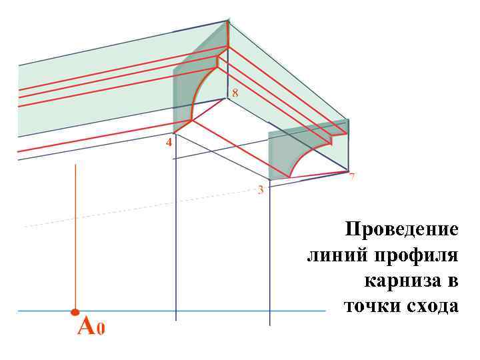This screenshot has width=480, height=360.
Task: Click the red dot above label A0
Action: pyautogui.click(x=75, y=311)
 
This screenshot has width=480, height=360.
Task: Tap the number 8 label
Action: pyautogui.click(x=235, y=93)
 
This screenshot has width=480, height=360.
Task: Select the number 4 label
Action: pyautogui.click(x=169, y=143)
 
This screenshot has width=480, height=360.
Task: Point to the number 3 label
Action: pyautogui.click(x=261, y=189)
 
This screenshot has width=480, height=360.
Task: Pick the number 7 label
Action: pyautogui.click(x=351, y=177)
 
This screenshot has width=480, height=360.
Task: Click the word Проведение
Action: pyautogui.click(x=401, y=230)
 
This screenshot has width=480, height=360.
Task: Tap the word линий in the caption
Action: pyautogui.click(x=337, y=255)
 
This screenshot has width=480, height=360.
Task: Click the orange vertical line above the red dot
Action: pyautogui.click(x=76, y=233)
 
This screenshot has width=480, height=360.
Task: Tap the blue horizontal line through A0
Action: pyautogui.click(x=200, y=311)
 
